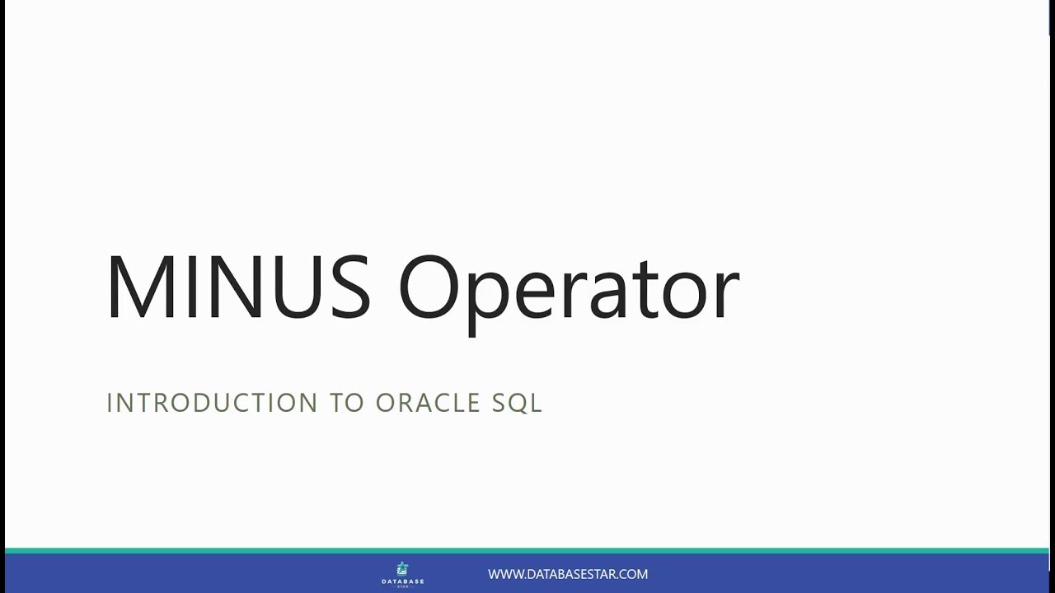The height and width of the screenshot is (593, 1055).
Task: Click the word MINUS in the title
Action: click(x=238, y=287)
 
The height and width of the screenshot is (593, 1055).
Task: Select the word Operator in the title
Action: click(x=569, y=288)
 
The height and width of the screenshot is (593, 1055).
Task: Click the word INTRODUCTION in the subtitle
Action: click(x=212, y=403)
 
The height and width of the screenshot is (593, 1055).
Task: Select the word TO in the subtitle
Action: click(x=347, y=403)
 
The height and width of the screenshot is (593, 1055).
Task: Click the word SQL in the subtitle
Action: click(x=518, y=403)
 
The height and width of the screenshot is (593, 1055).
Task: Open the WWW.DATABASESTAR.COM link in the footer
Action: click(x=568, y=574)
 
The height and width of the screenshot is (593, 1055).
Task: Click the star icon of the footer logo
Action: click(x=402, y=568)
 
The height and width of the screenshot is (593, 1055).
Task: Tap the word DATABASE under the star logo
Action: click(x=402, y=581)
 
